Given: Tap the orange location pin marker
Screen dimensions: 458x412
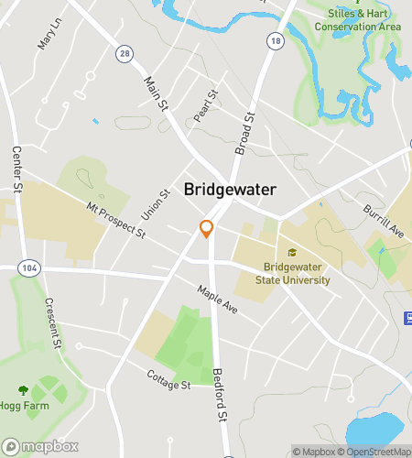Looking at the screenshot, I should [207, 229].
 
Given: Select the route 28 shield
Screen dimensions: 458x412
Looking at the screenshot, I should [125, 55].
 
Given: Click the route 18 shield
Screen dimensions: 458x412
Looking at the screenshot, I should [276, 42].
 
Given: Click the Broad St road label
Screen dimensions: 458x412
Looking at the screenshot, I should [244, 132].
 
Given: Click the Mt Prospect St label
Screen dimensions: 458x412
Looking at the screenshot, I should [116, 221].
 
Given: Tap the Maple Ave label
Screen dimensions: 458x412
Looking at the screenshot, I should [217, 299].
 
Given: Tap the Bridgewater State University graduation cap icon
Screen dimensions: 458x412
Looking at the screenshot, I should [292, 252].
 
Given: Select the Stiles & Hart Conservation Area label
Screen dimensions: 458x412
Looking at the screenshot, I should [358, 20].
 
